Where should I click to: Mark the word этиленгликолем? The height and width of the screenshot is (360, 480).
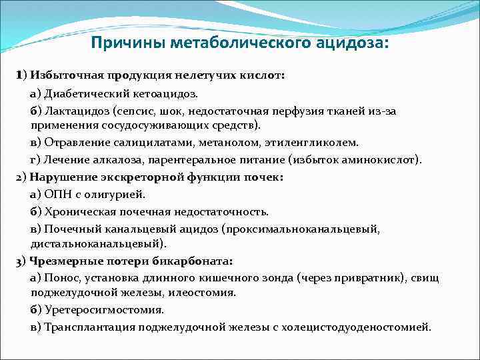(315, 142)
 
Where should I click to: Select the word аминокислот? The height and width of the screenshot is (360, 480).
(377, 160)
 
